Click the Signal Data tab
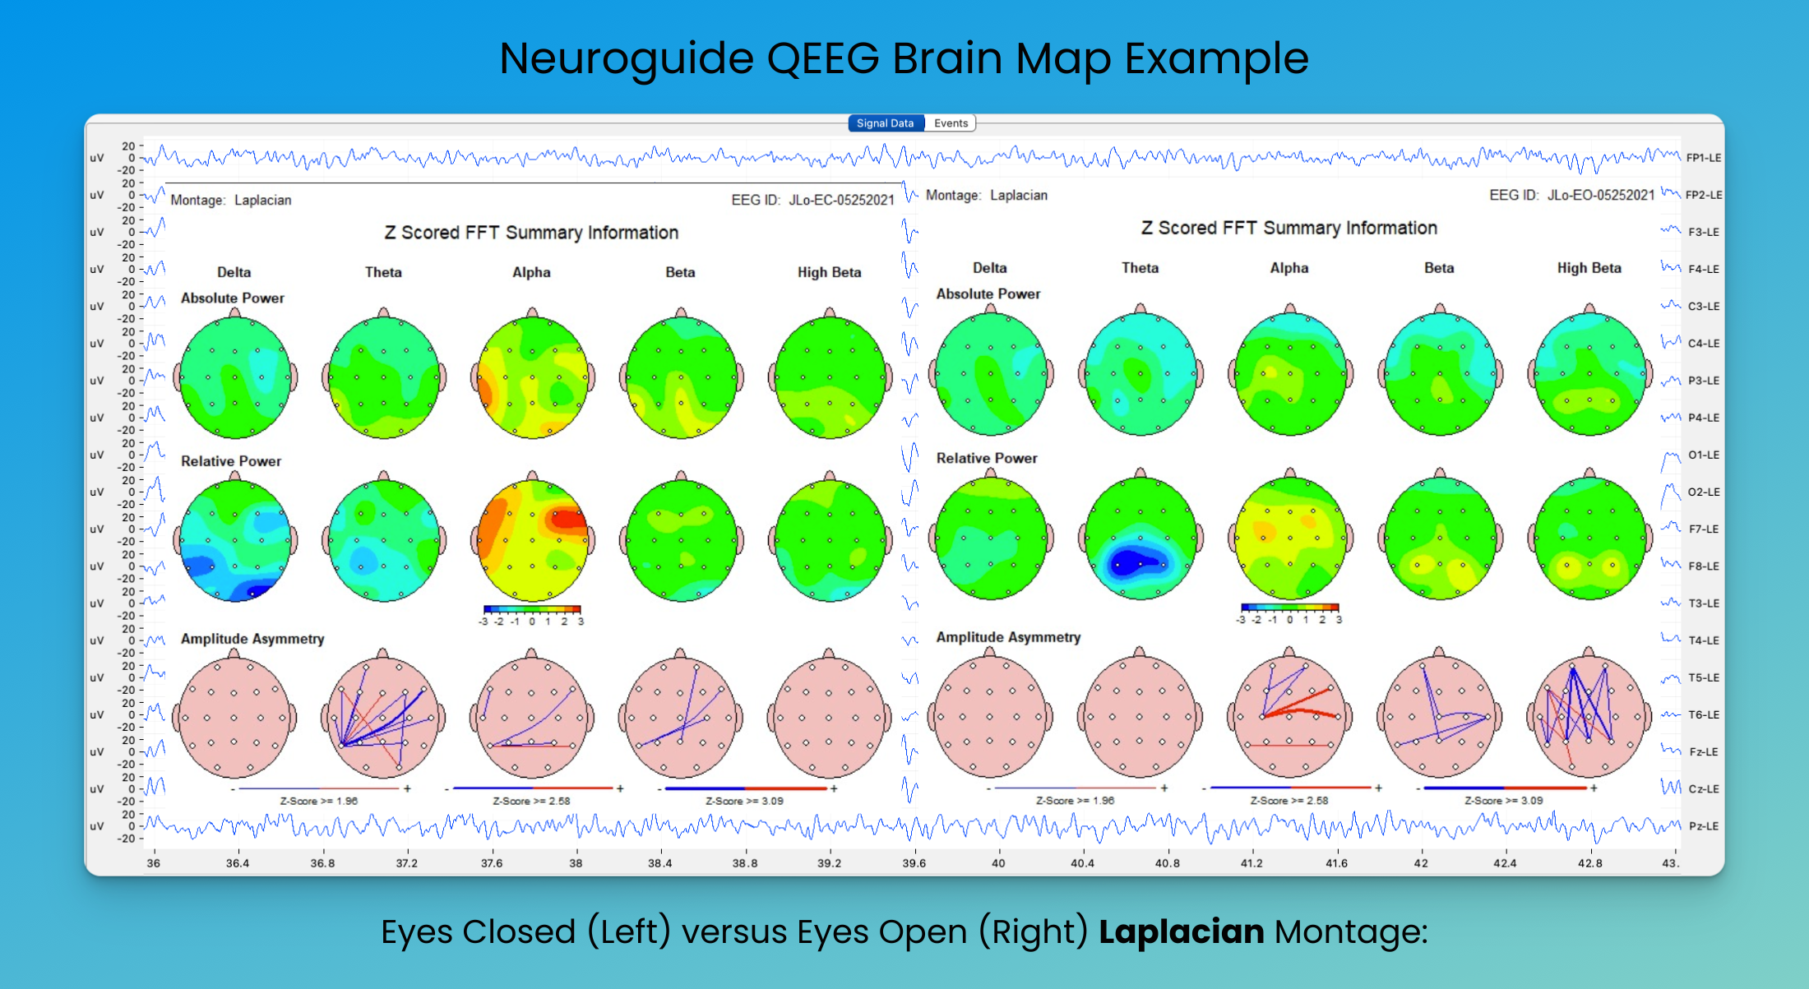coord(885,123)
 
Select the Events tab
coord(951,123)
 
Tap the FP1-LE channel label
coord(1703,158)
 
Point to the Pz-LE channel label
coord(1703,826)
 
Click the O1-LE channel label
coord(1703,455)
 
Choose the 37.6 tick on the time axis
coord(492,863)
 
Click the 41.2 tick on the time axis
coord(1251,863)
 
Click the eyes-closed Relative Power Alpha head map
coord(533,540)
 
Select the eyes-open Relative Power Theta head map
coord(1140,538)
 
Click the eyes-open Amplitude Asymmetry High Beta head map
coord(1589,716)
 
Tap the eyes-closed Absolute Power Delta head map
coord(235,377)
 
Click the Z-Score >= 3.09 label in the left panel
coord(744,801)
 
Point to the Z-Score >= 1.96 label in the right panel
coord(1075,800)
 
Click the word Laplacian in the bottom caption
coord(1181,931)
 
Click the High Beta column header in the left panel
coord(829,272)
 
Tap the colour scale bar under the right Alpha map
coord(1289,608)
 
